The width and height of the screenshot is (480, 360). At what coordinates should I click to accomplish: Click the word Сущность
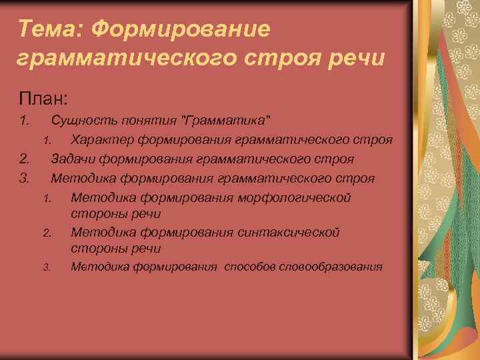click(84, 121)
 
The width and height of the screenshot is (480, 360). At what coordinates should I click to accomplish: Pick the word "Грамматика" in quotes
click(227, 121)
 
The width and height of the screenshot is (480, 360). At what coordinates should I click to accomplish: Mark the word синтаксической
click(289, 232)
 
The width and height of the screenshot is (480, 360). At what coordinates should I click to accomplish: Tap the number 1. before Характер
click(47, 141)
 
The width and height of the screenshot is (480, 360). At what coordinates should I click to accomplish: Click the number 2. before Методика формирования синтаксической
click(47, 233)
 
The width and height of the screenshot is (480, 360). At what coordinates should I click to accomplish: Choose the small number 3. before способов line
click(47, 268)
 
